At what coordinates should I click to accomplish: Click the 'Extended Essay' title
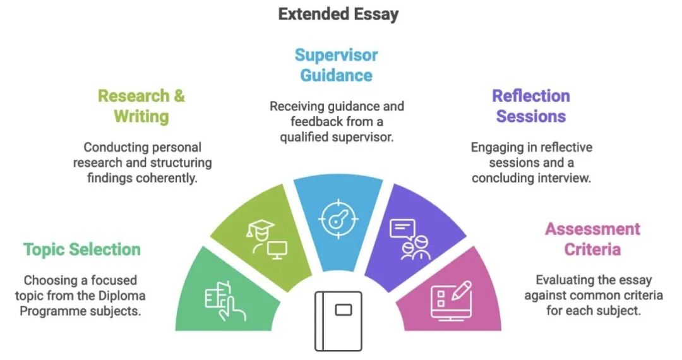click(x=338, y=14)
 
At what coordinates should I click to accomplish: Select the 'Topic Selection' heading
click(x=81, y=249)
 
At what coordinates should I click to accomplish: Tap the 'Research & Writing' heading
click(x=141, y=106)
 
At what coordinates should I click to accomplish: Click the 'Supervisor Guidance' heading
click(x=336, y=65)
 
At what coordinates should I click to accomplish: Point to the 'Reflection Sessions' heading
click(x=531, y=106)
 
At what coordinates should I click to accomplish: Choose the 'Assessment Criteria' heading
click(x=592, y=239)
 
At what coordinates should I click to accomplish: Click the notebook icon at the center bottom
click(x=338, y=321)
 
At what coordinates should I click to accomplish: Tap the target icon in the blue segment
click(x=338, y=219)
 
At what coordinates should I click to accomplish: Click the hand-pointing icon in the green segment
click(x=225, y=301)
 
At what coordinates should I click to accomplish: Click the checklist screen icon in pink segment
click(x=451, y=301)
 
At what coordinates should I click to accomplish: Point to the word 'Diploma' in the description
click(x=122, y=296)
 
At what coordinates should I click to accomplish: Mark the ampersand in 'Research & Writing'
click(x=179, y=96)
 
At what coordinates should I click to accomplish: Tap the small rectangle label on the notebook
click(x=344, y=310)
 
